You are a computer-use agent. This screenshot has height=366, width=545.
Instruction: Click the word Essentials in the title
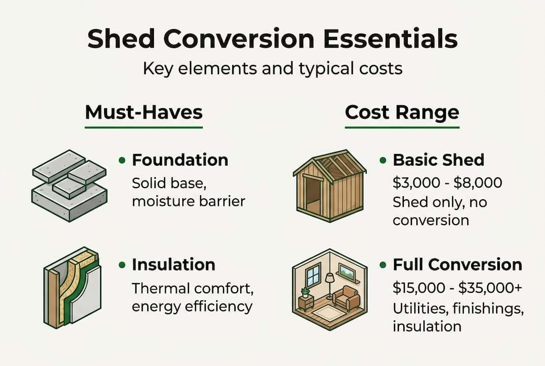[391, 39]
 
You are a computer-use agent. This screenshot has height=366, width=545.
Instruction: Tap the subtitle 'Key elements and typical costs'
[273, 69]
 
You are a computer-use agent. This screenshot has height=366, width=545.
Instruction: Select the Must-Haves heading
[144, 112]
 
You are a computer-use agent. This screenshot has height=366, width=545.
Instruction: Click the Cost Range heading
[402, 112]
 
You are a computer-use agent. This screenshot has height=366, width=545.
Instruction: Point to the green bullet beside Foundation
[122, 161]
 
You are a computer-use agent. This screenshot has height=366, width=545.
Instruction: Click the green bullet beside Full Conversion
[383, 265]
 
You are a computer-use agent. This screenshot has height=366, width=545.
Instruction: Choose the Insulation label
[173, 265]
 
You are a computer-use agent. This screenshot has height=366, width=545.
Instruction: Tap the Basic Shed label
[439, 160]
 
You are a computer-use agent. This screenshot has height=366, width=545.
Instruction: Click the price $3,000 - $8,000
[447, 182]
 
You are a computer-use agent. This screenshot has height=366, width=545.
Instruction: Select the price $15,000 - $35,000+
[458, 288]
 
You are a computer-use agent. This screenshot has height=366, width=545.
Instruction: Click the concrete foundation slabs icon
[70, 186]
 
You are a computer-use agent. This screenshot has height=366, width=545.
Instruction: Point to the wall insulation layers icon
[72, 287]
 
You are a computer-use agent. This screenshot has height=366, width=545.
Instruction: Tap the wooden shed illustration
[330, 186]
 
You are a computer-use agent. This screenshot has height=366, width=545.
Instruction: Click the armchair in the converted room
[346, 298]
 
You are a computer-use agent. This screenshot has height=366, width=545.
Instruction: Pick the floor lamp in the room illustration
[329, 286]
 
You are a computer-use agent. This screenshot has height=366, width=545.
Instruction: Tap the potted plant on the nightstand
[306, 292]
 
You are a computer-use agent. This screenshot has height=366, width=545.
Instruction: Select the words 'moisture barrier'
[189, 201]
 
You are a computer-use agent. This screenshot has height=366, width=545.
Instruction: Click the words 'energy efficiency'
[192, 307]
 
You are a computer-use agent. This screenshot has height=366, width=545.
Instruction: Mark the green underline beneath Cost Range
[402, 127]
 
